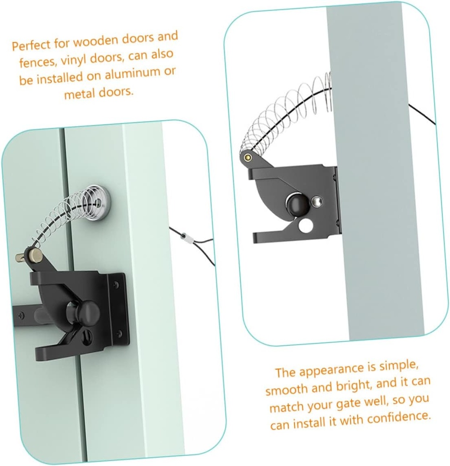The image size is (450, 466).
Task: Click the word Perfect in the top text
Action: tap(30, 46)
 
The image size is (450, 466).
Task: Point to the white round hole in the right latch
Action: tap(306, 225)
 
